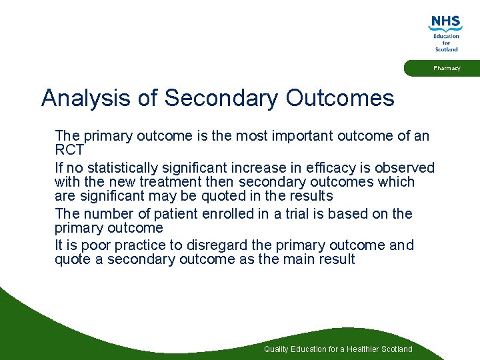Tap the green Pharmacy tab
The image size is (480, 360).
pos(445,69)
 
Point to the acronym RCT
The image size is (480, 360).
pos(69,150)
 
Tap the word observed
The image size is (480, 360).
pos(407,168)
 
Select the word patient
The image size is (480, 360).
pos(159,214)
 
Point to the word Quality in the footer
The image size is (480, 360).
pos(276,349)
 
